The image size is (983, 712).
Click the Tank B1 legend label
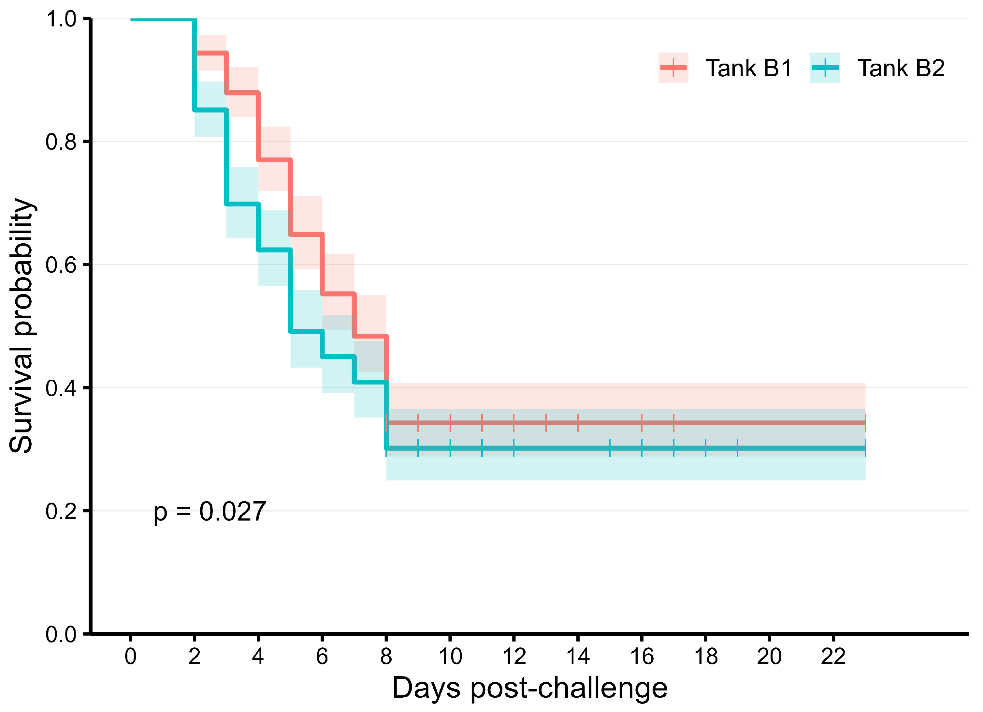748,68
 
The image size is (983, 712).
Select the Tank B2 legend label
901,68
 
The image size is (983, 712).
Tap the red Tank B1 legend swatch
673,68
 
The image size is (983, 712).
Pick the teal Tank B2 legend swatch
825,68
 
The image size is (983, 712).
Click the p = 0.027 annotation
210,512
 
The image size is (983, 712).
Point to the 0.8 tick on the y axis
61,142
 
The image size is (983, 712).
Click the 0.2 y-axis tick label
61,511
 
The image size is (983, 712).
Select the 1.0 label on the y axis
61,19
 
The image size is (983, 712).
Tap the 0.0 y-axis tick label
61,634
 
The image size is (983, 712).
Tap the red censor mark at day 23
865,423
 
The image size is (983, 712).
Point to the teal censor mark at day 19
737,448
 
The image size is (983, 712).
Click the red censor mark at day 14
578,423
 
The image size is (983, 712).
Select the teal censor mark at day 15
610,448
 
